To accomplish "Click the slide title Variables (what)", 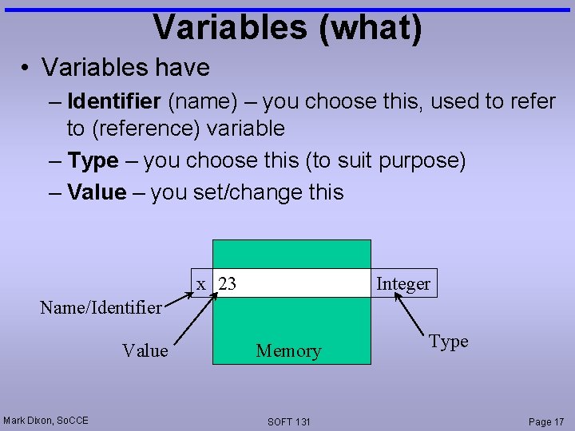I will (x=287, y=27).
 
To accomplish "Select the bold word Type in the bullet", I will (x=93, y=160).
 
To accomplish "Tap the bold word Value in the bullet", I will (x=97, y=192).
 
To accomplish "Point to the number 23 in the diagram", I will (x=227, y=283).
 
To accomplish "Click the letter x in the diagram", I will (x=202, y=283).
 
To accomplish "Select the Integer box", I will (x=403, y=283).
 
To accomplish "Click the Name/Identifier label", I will (x=101, y=306).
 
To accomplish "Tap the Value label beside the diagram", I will (x=145, y=350).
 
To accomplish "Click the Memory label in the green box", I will (x=288, y=350).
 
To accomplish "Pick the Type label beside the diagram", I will (x=448, y=342).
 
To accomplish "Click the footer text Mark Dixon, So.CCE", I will (x=46, y=420).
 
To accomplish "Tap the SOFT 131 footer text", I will (x=289, y=421).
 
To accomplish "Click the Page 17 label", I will (x=546, y=421).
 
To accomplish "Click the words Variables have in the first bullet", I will (x=125, y=67).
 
